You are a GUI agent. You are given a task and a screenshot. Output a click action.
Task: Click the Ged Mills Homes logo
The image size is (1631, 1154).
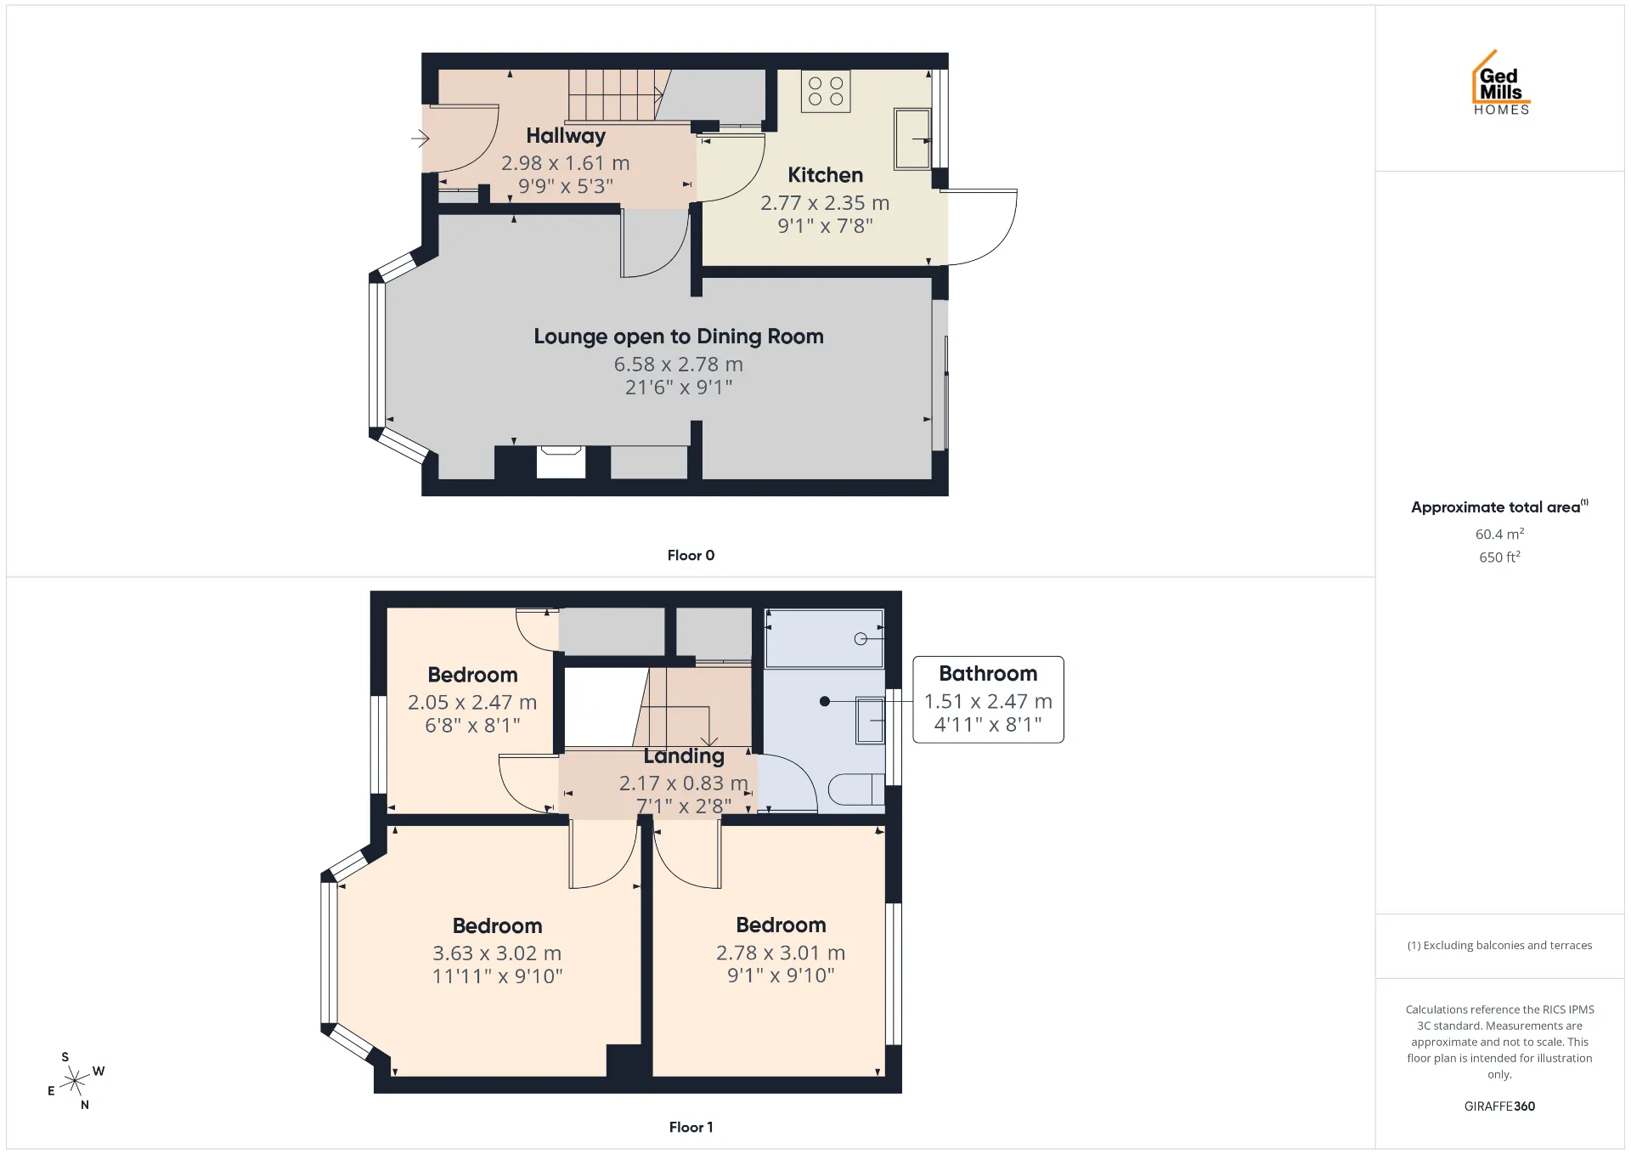coord(1501,82)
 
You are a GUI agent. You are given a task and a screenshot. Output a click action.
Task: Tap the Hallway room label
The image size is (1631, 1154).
coord(566,136)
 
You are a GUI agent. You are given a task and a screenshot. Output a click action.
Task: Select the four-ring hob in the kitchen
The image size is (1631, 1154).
coord(826,91)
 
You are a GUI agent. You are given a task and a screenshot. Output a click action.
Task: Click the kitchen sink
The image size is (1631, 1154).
coord(912,139)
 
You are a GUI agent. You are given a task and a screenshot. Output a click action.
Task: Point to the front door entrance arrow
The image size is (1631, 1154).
coord(420,138)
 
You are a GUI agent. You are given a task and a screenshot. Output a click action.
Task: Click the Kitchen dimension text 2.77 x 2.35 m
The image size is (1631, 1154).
coord(825,203)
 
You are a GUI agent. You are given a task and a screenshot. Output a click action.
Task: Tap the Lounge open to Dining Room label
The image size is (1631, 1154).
coord(679,337)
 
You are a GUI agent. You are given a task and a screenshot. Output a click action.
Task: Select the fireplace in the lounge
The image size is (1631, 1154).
coord(561,462)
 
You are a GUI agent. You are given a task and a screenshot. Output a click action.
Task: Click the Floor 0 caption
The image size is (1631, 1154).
coord(691,555)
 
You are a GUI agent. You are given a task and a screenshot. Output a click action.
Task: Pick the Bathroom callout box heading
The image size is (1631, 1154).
coord(988,674)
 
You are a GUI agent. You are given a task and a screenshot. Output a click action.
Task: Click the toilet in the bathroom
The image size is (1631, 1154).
coord(856,789)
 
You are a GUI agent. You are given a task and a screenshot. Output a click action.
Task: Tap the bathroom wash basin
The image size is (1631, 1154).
coord(870,720)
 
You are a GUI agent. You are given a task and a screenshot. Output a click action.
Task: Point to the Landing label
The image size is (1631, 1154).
coord(684,756)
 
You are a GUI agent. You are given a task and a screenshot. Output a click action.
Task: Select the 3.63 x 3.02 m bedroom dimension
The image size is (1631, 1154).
coord(497,953)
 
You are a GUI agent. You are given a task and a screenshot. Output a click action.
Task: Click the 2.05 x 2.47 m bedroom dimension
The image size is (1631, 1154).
coord(472,703)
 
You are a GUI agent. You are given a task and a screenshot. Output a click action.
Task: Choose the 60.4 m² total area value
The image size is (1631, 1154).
coord(1499,534)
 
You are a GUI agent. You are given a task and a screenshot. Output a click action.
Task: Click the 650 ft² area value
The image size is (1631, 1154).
coord(1499,557)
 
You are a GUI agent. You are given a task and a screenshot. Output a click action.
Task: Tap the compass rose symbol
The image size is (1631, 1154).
coord(76,1081)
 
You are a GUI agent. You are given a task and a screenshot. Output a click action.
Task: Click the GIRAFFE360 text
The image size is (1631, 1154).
coord(1499,1106)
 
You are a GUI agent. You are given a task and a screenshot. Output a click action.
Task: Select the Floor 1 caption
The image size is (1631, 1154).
coord(691,1127)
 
